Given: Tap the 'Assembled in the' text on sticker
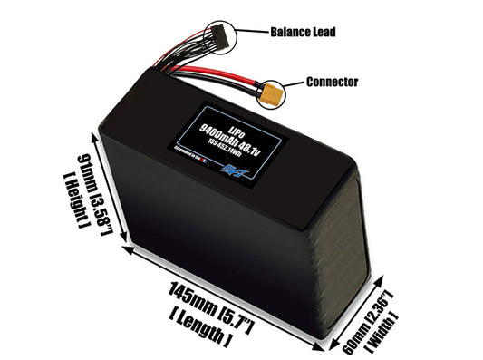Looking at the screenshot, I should click(187, 154).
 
